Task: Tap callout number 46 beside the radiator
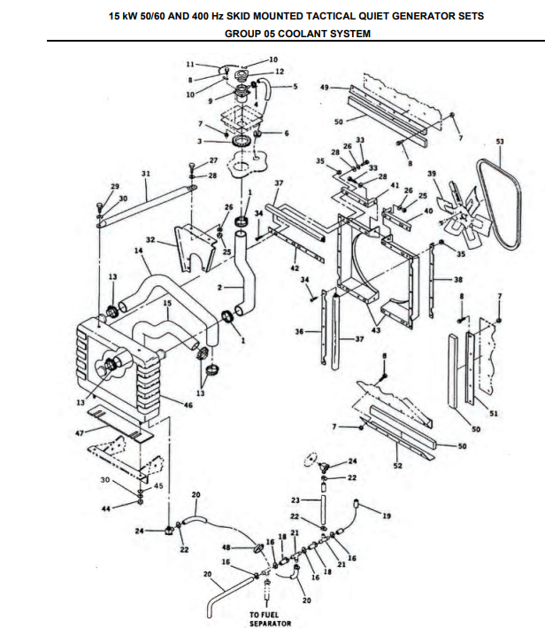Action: (x=188, y=405)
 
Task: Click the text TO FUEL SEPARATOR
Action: (x=270, y=619)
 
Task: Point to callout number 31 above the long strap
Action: (x=146, y=174)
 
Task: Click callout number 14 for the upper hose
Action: (x=138, y=251)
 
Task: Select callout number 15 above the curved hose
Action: (x=167, y=303)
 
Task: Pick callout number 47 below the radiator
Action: (x=80, y=433)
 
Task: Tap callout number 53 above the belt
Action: (x=500, y=142)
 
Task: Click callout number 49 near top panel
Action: (x=325, y=87)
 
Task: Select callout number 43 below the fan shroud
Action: (x=376, y=330)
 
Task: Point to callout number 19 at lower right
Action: (x=387, y=516)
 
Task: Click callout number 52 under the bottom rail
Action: (x=398, y=466)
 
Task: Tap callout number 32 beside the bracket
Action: (x=150, y=240)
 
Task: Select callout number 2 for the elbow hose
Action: (x=219, y=287)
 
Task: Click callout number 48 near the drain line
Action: (x=226, y=547)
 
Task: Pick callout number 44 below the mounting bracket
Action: (x=105, y=508)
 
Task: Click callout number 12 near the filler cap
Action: (x=280, y=71)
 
